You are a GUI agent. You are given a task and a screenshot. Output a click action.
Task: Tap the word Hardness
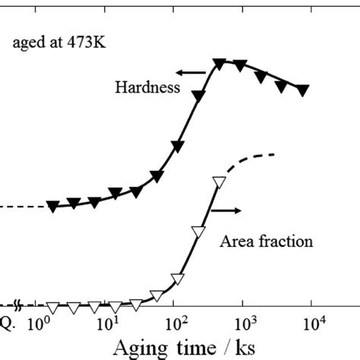(x=147, y=87)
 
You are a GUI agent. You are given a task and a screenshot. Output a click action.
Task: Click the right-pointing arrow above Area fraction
(x=227, y=207)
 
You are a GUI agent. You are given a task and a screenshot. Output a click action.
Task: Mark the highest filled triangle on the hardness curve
(x=219, y=62)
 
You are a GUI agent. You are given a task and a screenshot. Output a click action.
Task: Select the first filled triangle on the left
(x=52, y=206)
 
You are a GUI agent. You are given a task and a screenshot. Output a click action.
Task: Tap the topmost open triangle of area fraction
(x=219, y=182)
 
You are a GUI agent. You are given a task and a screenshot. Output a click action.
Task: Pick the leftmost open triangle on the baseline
(x=52, y=308)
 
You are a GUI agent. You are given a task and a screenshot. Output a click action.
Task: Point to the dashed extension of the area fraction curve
(x=251, y=159)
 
